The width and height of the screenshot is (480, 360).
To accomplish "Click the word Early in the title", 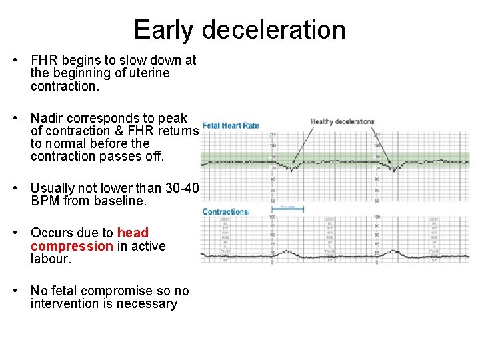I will [x=164, y=31].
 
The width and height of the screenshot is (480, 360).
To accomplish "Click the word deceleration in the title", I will [x=274, y=31].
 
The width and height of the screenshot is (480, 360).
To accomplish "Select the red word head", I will [x=133, y=233].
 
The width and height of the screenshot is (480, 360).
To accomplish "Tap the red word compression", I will [x=72, y=246].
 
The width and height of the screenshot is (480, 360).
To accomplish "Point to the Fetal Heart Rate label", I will [x=231, y=125].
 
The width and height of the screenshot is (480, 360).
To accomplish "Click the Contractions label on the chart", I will [x=225, y=212].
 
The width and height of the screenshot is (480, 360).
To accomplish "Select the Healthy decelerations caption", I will [x=343, y=122].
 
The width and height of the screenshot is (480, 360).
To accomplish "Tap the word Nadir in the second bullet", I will [x=49, y=119].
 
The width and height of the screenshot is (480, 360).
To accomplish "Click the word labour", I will [x=49, y=259].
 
